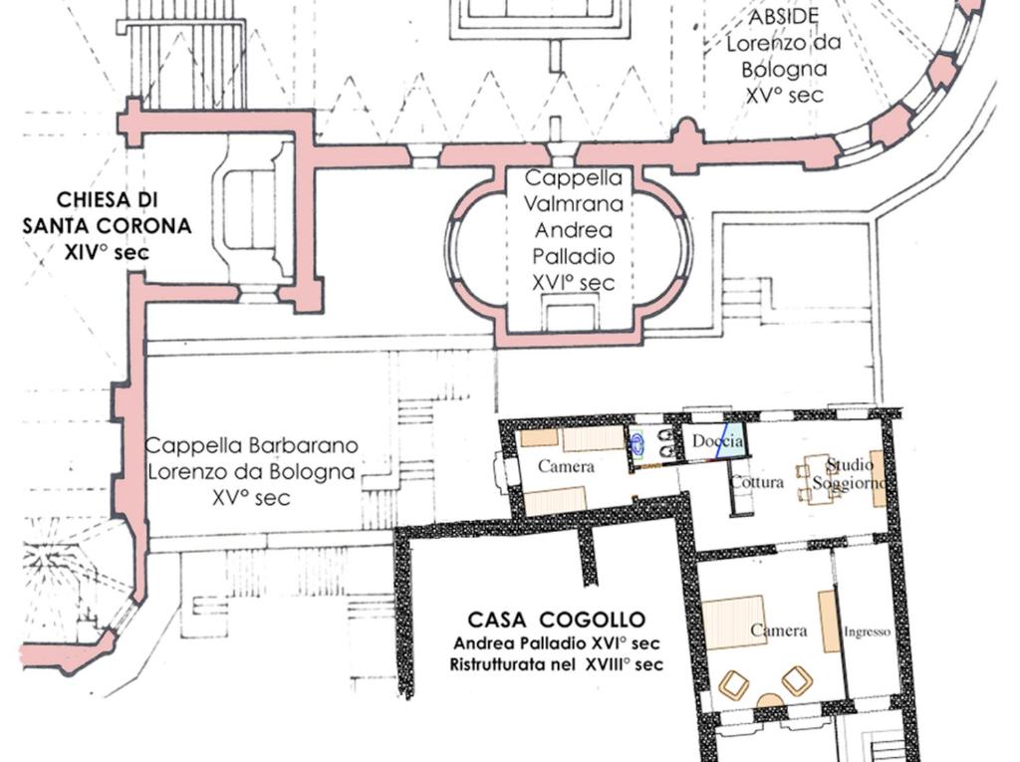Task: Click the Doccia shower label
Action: [x=717, y=440]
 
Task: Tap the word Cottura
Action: [x=757, y=482]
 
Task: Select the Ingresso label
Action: [x=867, y=632]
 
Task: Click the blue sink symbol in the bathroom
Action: [x=637, y=443]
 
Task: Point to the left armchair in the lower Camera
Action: [x=734, y=684]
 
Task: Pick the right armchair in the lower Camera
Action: [x=797, y=680]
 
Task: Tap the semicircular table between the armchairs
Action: [x=772, y=700]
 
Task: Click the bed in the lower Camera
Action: [x=733, y=623]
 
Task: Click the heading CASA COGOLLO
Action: [x=556, y=619]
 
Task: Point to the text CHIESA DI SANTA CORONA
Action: [x=108, y=213]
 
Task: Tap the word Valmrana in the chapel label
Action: [x=573, y=203]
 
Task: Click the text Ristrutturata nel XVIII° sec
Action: [x=556, y=664]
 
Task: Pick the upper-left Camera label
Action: [x=566, y=466]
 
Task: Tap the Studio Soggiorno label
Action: [x=850, y=474]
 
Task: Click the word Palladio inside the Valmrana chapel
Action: [x=573, y=256]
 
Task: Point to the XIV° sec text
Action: [x=107, y=252]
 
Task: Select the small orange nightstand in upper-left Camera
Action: [x=539, y=437]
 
